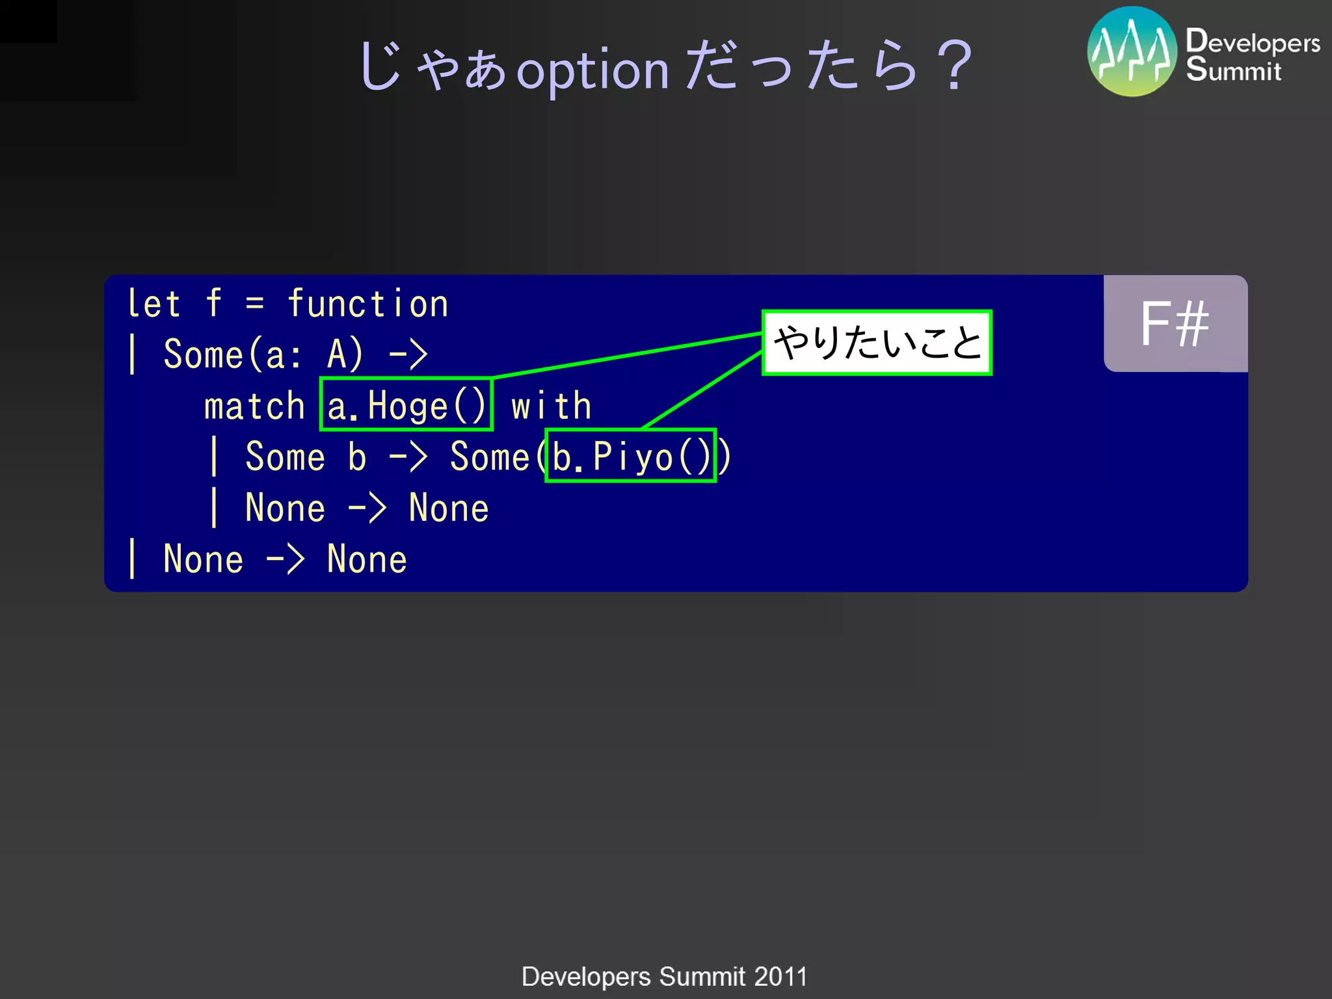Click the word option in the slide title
593,70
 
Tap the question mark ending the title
955,65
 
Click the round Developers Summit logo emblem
1132,52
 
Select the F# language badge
1175,323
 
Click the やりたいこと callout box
877,343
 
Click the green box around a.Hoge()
406,404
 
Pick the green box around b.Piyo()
630,455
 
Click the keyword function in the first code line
367,303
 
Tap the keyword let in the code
153,303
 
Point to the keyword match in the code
254,406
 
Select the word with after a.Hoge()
551,406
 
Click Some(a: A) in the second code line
263,354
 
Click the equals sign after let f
255,303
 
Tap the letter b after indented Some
356,457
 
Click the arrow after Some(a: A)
408,355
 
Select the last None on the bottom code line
367,559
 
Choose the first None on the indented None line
285,508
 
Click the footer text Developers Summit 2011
664,976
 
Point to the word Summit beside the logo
1233,70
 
